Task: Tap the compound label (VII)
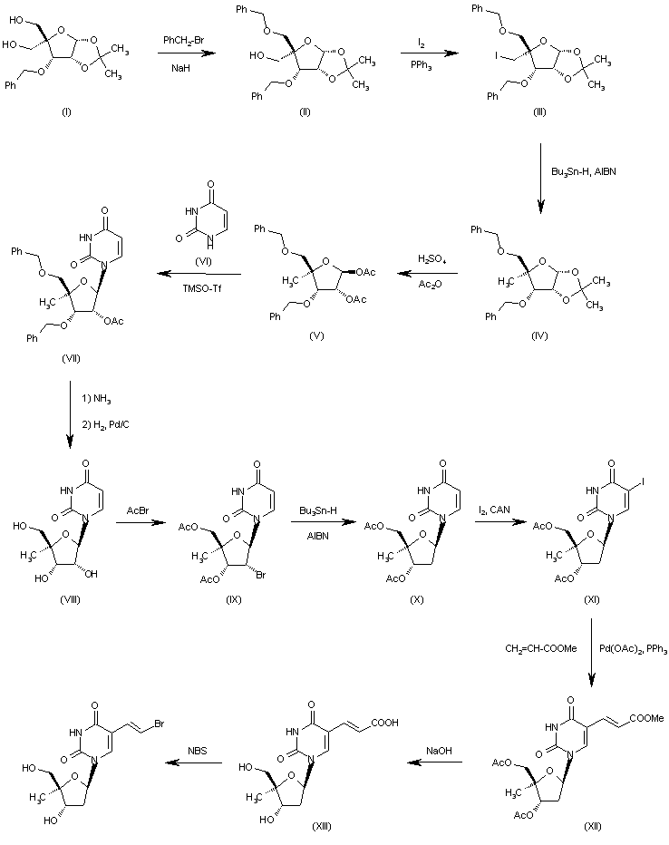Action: click(x=71, y=357)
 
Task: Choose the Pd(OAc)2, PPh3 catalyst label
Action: click(x=631, y=649)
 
